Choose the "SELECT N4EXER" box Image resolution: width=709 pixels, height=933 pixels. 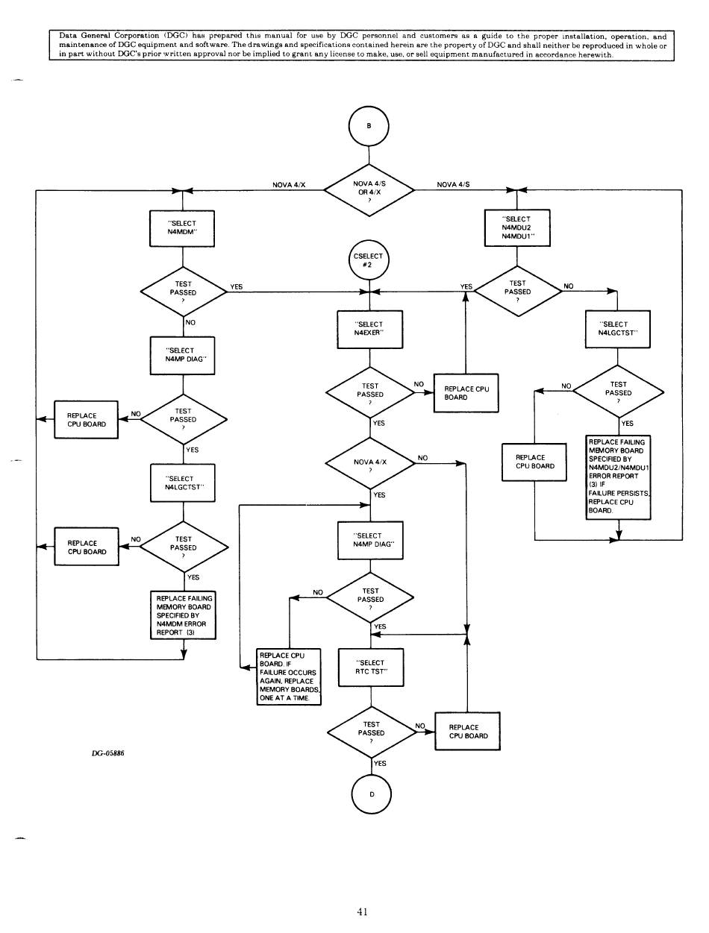[x=371, y=329]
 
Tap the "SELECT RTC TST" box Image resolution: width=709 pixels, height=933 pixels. [x=371, y=667]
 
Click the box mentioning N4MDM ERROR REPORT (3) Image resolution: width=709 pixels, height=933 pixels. [x=183, y=615]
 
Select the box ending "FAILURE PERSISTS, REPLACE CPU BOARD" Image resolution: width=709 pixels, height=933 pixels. [x=619, y=477]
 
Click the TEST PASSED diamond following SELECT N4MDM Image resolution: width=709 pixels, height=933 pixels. [x=183, y=292]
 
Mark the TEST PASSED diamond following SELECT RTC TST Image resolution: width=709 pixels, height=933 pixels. [x=371, y=732]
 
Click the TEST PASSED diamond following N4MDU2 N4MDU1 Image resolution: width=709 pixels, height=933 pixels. [x=518, y=292]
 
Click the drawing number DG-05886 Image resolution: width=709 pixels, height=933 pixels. [x=107, y=753]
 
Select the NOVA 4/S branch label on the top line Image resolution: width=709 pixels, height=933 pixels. [x=458, y=184]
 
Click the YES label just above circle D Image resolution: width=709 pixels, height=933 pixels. [x=380, y=764]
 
